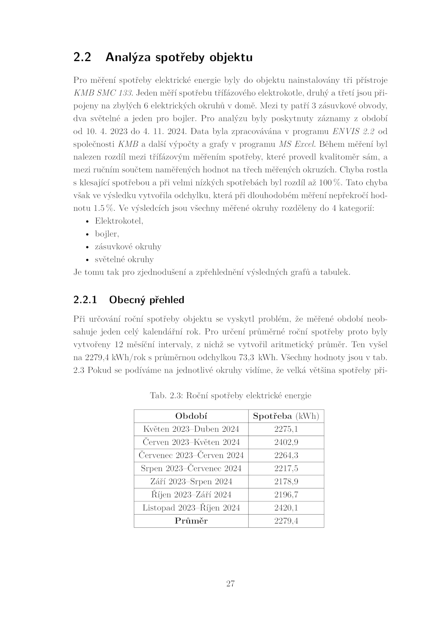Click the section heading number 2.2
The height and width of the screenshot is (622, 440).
click(x=82, y=57)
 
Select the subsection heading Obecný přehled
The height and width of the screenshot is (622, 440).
click(x=146, y=300)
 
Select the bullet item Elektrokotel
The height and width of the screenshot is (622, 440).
click(x=119, y=221)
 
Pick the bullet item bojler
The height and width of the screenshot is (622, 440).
click(x=107, y=234)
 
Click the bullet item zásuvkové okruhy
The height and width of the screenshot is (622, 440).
click(x=128, y=247)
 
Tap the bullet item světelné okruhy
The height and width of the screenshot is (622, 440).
click(x=124, y=259)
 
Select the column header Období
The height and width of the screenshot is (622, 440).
click(x=191, y=416)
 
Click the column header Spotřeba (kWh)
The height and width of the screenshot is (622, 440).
click(x=286, y=416)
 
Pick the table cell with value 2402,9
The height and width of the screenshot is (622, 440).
click(x=286, y=442)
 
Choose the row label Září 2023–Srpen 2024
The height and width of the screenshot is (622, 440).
click(x=191, y=482)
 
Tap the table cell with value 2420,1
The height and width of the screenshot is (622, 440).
click(x=286, y=508)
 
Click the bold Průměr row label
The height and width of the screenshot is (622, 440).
click(x=191, y=521)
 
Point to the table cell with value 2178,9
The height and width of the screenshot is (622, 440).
click(x=286, y=482)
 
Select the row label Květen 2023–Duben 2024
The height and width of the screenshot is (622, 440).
click(x=191, y=429)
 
